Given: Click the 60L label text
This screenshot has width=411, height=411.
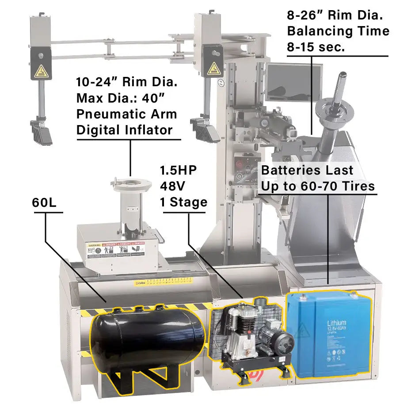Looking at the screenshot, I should point(46,202).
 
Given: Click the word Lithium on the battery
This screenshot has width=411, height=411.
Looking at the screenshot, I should point(336,323).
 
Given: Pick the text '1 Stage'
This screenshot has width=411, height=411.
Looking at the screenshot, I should point(183,202).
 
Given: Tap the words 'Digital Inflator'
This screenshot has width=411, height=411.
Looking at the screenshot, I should point(124,130).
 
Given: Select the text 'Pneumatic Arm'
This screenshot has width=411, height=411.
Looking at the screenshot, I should point(126,114).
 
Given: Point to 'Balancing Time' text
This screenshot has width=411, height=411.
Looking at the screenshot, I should point(338,31).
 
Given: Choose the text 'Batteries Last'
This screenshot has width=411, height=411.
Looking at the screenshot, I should point(307,170).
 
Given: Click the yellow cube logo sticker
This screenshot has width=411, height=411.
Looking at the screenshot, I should point(141,283).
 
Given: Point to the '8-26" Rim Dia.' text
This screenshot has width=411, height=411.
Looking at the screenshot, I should point(335,15).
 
